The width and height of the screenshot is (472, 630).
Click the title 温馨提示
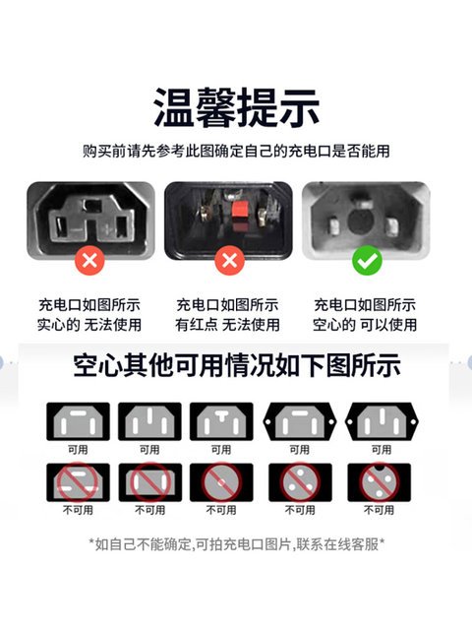click(236, 107)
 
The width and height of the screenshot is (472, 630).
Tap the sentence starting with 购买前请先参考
click(236, 153)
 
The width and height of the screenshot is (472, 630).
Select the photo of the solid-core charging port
click(89, 220)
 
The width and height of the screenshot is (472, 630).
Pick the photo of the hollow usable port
click(365, 219)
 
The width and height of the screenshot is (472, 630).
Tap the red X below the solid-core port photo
click(89, 261)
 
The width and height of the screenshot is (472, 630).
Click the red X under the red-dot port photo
click(228, 261)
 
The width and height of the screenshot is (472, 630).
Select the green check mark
click(366, 261)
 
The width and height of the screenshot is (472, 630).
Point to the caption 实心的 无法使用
click(89, 323)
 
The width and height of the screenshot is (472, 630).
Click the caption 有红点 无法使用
click(227, 323)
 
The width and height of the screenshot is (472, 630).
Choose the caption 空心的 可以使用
click(365, 323)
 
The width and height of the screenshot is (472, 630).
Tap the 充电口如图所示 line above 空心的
click(365, 304)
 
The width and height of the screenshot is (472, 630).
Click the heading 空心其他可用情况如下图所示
click(236, 367)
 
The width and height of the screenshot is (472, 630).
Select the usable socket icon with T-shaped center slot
click(221, 421)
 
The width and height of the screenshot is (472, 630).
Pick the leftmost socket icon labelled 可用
click(78, 421)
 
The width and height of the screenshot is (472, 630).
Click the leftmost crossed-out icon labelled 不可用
click(78, 481)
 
